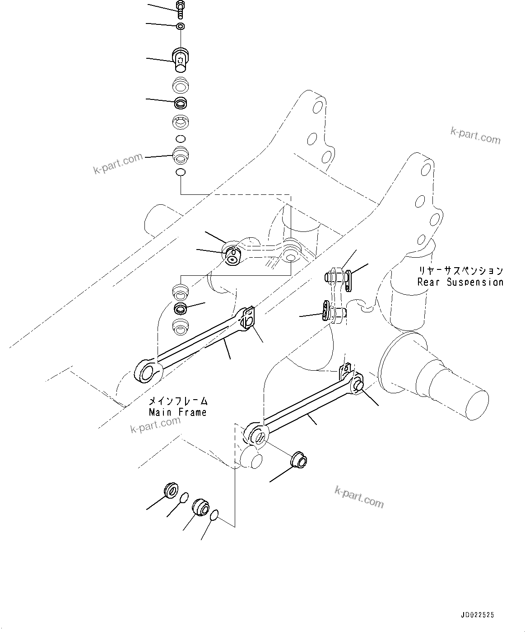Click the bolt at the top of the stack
(x=180, y=10)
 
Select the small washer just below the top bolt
(x=181, y=26)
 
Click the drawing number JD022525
(x=478, y=615)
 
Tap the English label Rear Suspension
(x=460, y=282)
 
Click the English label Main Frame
(x=178, y=412)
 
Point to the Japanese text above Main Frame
(x=178, y=401)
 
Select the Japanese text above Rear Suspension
(x=460, y=271)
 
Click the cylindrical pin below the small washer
(x=181, y=60)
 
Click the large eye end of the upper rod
(x=146, y=372)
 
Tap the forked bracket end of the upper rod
(x=247, y=318)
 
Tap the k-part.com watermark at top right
(x=475, y=136)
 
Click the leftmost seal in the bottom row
(x=171, y=491)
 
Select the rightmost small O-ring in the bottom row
(x=215, y=514)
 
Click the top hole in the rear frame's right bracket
(x=425, y=170)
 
